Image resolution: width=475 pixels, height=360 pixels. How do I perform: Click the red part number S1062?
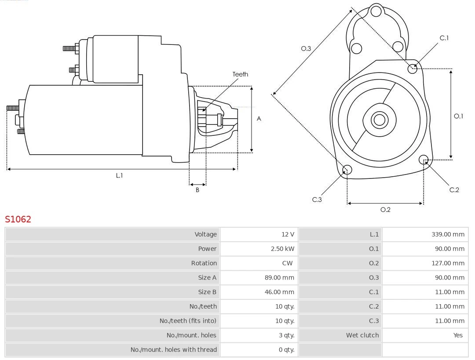point(18,219)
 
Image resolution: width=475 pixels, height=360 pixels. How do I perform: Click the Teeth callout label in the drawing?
point(240,74)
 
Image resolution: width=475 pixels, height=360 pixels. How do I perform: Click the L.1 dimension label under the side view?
point(119,175)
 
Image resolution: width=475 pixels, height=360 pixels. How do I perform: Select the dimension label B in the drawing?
point(197,190)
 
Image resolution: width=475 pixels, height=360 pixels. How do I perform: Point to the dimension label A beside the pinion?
point(259,119)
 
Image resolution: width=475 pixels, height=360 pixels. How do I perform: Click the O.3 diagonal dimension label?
point(306,49)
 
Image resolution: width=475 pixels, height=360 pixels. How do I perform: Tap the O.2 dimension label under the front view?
point(385,210)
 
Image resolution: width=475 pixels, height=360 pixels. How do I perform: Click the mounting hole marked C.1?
point(413,69)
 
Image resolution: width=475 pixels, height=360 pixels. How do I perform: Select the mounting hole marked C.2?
point(424,159)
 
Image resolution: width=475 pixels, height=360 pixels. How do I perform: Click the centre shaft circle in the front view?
point(379,120)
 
